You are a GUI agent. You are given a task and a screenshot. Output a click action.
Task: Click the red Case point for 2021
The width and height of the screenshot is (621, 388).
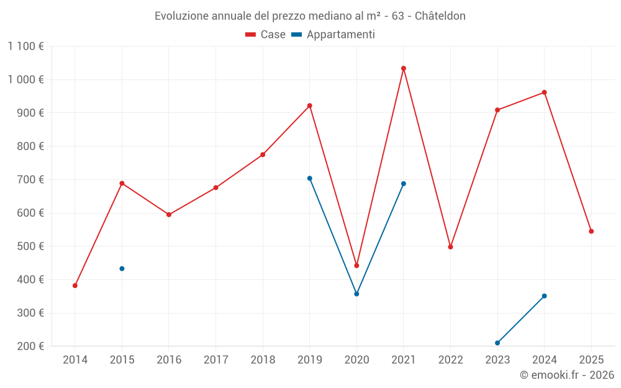[x=404, y=68]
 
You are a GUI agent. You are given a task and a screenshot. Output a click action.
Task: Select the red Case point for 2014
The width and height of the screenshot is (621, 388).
[x=75, y=286]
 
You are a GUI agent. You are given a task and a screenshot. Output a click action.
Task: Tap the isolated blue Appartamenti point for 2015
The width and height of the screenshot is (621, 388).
[x=122, y=269]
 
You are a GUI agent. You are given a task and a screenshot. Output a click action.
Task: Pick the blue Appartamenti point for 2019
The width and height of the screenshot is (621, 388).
[x=310, y=178]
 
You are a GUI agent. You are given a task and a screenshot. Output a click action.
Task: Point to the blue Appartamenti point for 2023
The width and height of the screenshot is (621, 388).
[x=497, y=343]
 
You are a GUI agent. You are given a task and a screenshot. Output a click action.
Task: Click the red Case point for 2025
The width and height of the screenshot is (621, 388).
[x=591, y=232]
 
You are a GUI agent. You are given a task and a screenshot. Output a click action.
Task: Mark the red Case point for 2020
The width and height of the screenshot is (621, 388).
[x=356, y=266]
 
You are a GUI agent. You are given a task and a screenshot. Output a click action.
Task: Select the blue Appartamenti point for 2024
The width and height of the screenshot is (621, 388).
[x=545, y=296]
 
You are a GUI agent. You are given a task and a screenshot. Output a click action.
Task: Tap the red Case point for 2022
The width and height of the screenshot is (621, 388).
[x=450, y=247]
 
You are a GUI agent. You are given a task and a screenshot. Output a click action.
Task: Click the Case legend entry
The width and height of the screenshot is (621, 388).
[x=266, y=35]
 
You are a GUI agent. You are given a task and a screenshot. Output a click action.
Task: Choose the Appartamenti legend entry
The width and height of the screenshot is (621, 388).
[x=333, y=35]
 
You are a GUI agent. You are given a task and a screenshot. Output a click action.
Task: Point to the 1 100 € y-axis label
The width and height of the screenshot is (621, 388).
[x=26, y=46]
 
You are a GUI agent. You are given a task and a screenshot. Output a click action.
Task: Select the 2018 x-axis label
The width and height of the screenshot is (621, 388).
[x=263, y=359]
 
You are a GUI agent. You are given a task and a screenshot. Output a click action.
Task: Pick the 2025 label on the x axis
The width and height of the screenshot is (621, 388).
[x=591, y=359]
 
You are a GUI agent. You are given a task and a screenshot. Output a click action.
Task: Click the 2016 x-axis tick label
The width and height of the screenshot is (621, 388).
[x=169, y=359]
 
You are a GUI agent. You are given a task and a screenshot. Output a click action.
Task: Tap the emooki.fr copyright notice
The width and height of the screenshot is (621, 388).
[x=567, y=375]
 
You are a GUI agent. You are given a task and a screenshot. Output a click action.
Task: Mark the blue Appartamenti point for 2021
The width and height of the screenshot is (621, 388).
[x=404, y=184]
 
